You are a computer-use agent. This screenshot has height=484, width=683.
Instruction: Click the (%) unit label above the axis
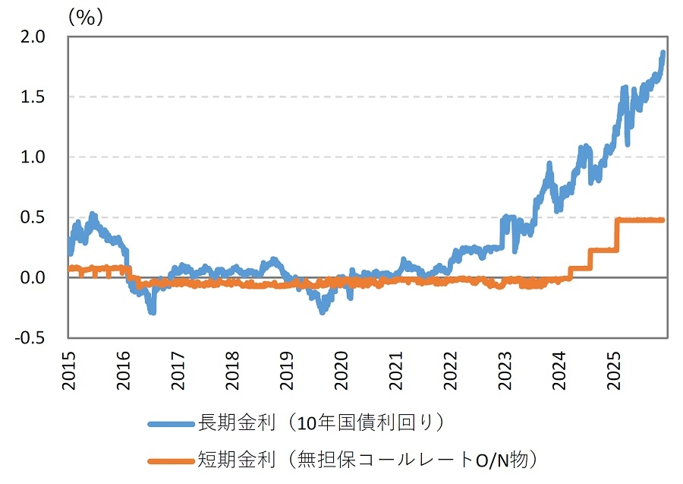point(84,17)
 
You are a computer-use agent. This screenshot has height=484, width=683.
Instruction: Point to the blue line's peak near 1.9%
point(663,52)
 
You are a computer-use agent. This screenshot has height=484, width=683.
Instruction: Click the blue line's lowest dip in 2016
point(153,311)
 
